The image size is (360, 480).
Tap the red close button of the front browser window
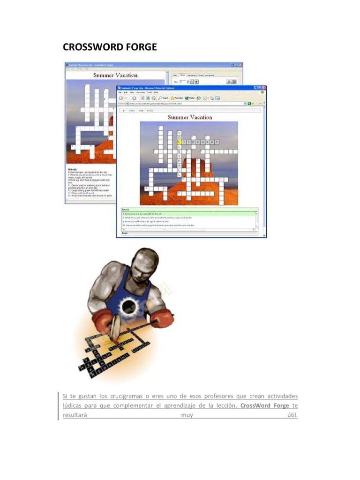pyautogui.click(x=263, y=88)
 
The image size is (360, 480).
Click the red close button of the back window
pyautogui.click(x=240, y=64)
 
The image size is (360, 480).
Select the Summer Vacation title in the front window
pyautogui.click(x=190, y=117)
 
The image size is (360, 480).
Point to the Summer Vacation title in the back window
pyautogui.click(x=115, y=75)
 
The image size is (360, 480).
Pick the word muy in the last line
pyautogui.click(x=187, y=415)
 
